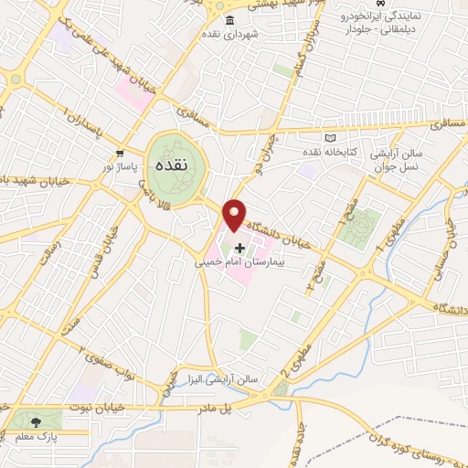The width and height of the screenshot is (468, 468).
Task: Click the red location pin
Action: tap(236, 215)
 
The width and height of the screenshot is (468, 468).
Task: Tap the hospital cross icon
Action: tap(240, 248)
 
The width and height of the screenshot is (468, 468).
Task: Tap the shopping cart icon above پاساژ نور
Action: tap(120, 154)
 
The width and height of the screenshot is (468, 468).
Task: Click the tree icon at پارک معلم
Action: tap(35, 421)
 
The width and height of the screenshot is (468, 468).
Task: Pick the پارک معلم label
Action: tap(35, 437)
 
